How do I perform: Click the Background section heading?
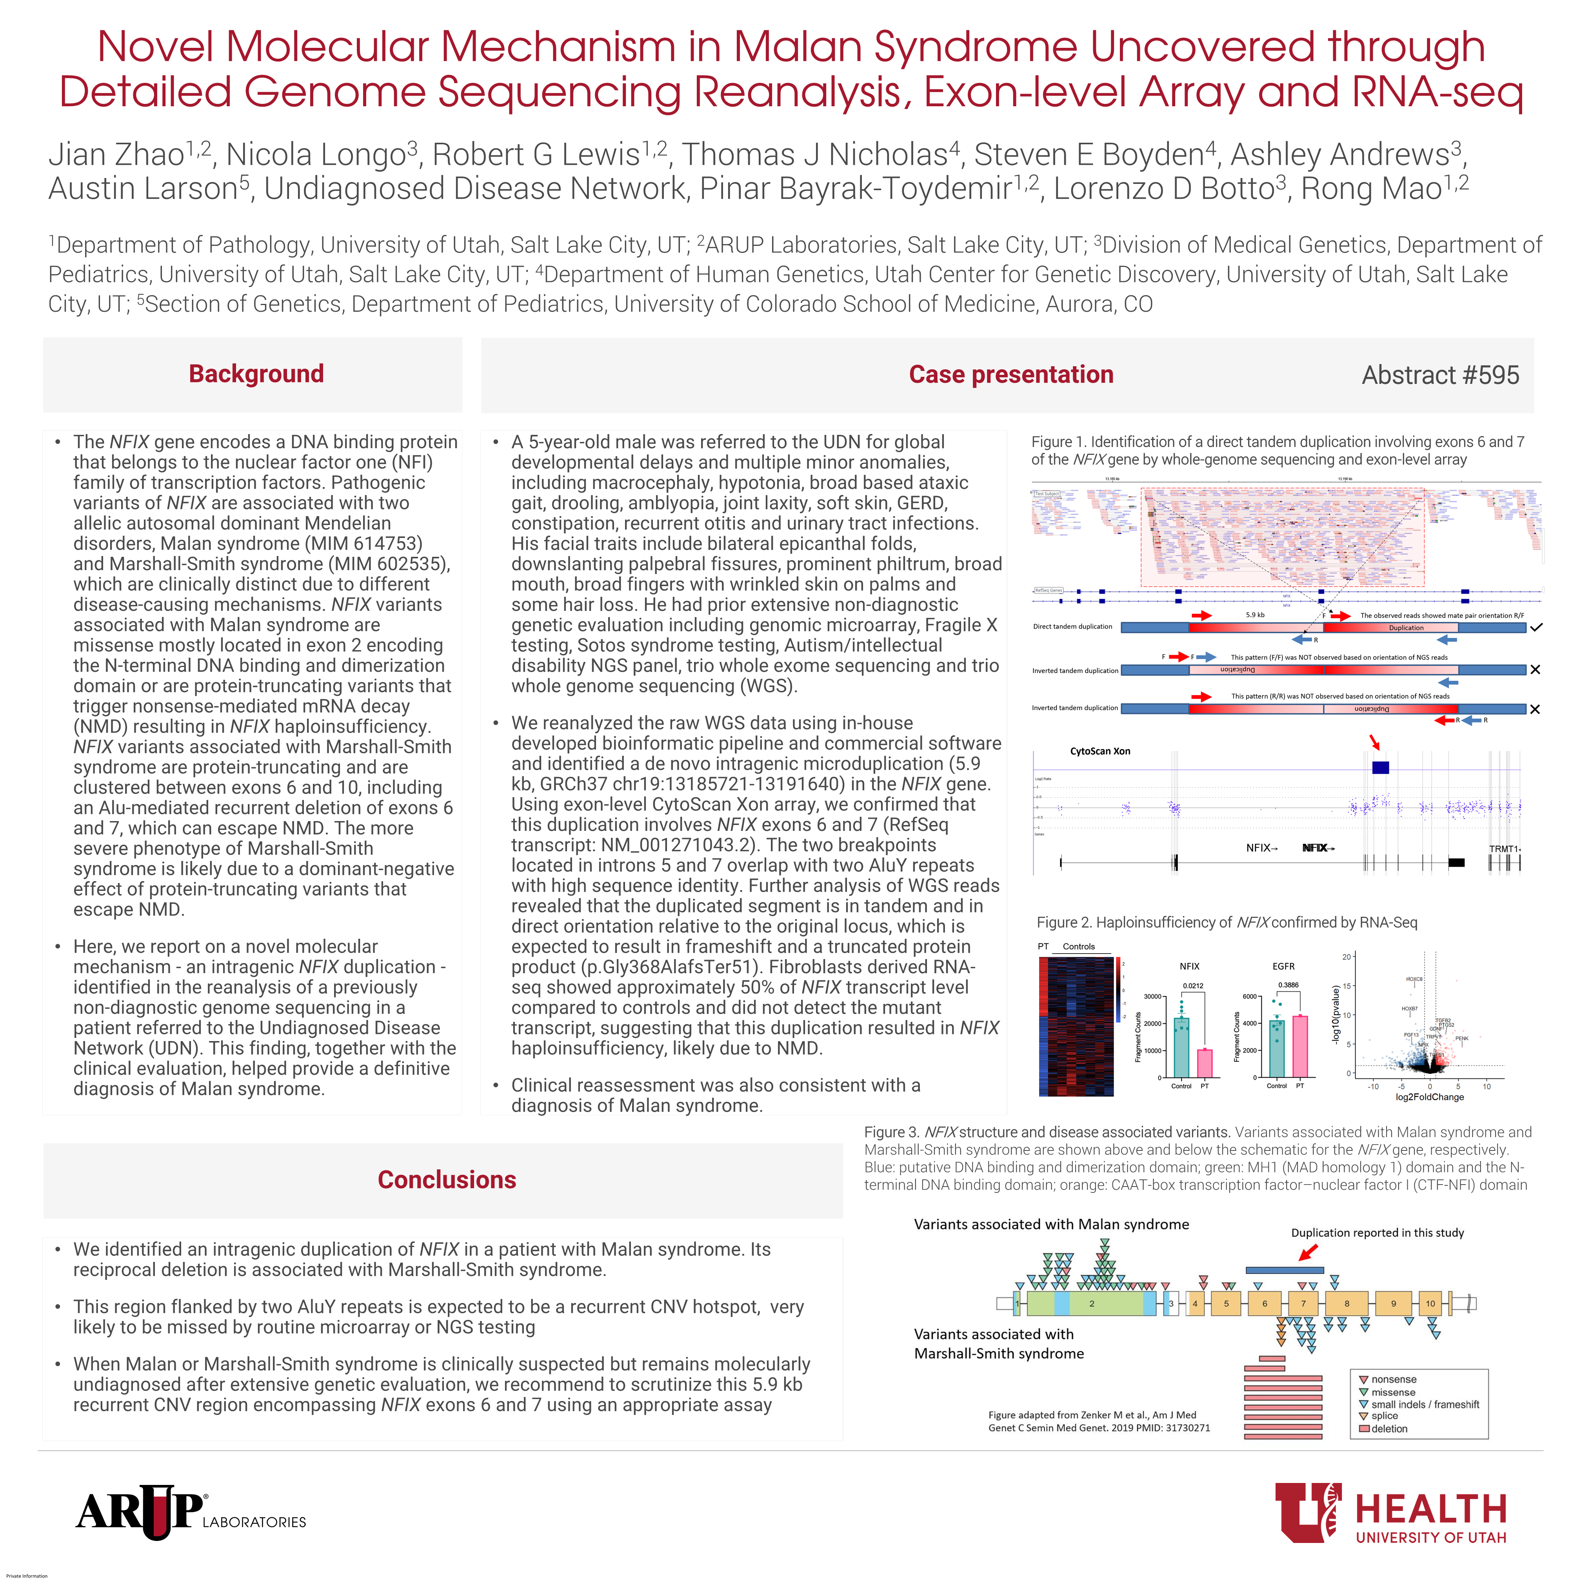256,374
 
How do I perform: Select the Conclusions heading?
447,1180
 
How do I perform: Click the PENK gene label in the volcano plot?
1461,1038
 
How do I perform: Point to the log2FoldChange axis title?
1430,1098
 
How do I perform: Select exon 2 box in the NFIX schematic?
1092,1304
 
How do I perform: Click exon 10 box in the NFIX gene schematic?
1430,1304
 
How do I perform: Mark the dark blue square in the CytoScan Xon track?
1381,768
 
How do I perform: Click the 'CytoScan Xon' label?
1100,751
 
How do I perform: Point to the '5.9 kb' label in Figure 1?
1255,614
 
